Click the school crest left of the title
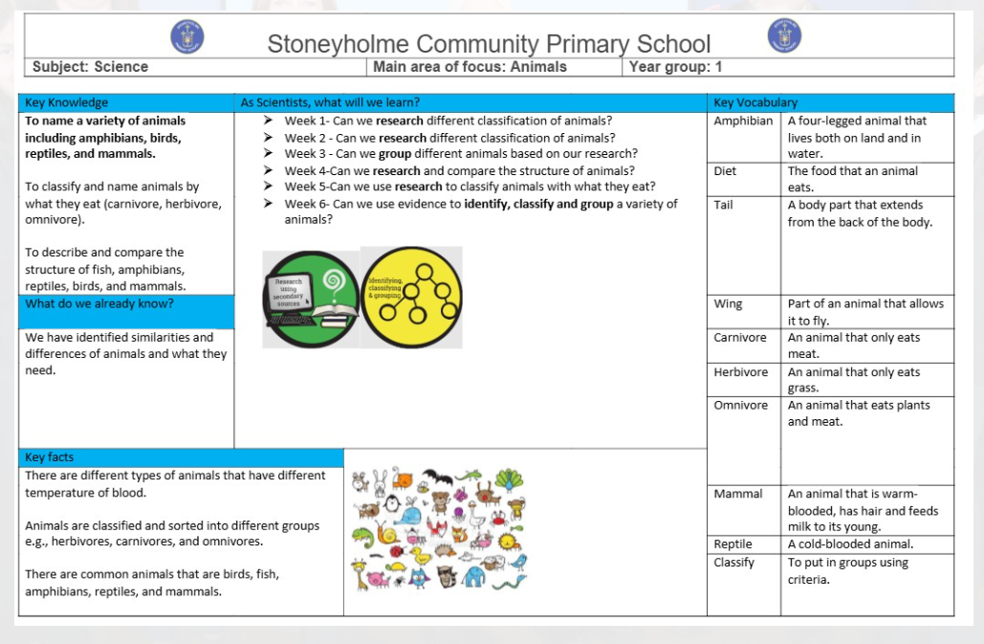pos(186,36)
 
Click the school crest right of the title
pos(784,35)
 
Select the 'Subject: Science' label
pos(90,67)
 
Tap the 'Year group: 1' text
pos(676,67)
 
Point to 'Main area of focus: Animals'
pos(470,67)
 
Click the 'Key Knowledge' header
pos(67,102)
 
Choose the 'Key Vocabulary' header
pos(755,102)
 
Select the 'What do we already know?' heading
pos(99,304)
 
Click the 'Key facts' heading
pos(50,457)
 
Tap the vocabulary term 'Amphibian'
pos(743,122)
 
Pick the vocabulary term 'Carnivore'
pos(740,338)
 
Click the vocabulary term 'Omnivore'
pos(741,406)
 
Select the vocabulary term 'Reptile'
pos(733,544)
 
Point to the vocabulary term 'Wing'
pos(728,304)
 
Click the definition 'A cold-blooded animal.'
pos(850,544)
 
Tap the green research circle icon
pos(312,299)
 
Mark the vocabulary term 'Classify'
pos(734,563)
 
